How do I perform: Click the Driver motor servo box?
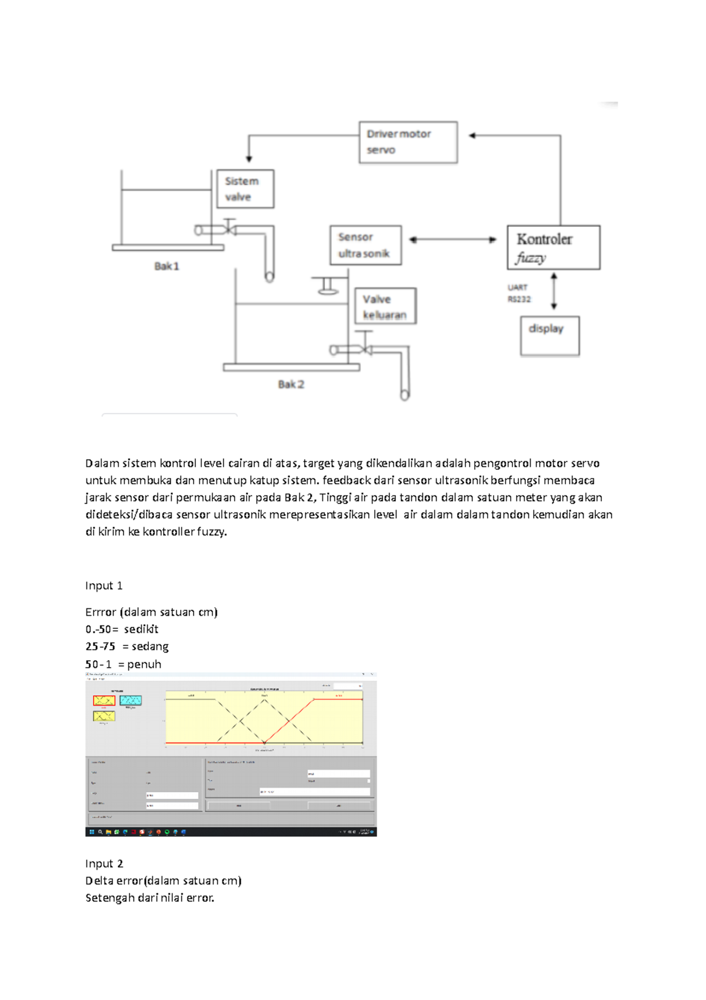click(x=408, y=142)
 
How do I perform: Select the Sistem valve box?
click(x=245, y=189)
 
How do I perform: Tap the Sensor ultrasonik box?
click(x=365, y=245)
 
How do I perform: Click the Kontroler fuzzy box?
click(x=553, y=247)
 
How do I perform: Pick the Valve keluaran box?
click(x=385, y=306)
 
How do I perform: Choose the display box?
click(x=550, y=336)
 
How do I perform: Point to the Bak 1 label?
click(x=166, y=266)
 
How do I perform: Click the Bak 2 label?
click(x=291, y=384)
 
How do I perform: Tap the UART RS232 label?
click(x=519, y=293)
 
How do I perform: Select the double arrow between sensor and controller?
click(x=453, y=240)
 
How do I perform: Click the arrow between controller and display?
click(x=554, y=291)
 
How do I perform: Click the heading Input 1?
click(x=104, y=585)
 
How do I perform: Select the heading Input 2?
click(x=104, y=863)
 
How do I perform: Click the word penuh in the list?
click(x=144, y=664)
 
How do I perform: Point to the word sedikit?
click(x=141, y=629)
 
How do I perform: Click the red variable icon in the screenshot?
click(x=104, y=700)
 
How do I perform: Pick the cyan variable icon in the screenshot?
click(x=131, y=700)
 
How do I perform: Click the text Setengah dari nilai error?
click(x=149, y=898)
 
